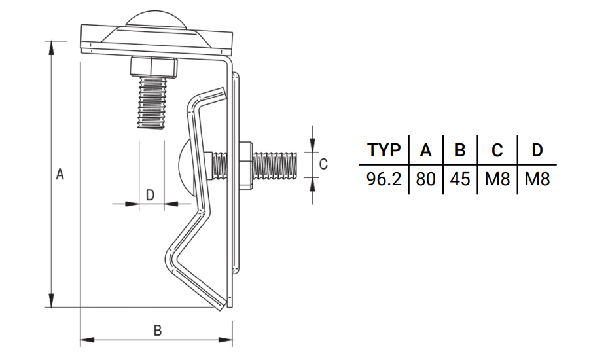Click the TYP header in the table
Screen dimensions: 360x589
(x=384, y=150)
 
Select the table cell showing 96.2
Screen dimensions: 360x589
(x=384, y=179)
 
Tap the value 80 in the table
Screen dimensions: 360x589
(x=425, y=179)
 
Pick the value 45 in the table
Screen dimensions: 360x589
(x=460, y=179)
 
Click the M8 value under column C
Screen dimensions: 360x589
(x=497, y=179)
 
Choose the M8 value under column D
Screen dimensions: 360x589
(x=537, y=179)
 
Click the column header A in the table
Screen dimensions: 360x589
(x=425, y=150)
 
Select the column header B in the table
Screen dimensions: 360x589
(x=460, y=150)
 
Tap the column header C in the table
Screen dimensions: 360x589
(x=497, y=150)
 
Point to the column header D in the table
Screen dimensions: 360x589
(x=537, y=150)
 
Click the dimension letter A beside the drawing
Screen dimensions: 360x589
(x=60, y=175)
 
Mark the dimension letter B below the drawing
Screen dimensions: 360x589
(x=157, y=331)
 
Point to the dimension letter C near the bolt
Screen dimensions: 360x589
(x=323, y=164)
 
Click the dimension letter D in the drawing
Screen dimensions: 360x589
(x=149, y=194)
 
